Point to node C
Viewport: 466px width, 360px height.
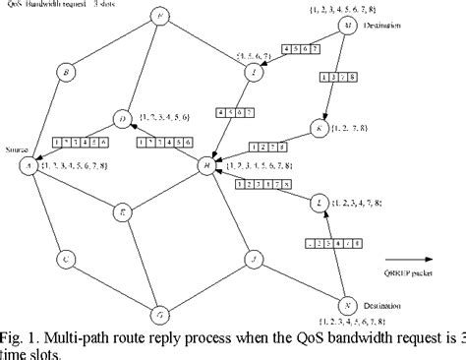click(x=65, y=260)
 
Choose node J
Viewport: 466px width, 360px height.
click(x=254, y=260)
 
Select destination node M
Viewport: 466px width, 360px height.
click(x=347, y=26)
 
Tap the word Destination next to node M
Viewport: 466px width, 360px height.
click(x=387, y=26)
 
